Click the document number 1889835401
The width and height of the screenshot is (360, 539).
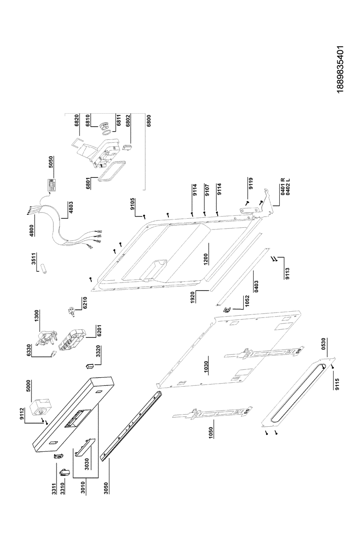(340, 70)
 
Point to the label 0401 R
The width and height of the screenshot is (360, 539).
(283, 184)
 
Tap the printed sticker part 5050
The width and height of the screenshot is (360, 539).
(52, 185)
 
